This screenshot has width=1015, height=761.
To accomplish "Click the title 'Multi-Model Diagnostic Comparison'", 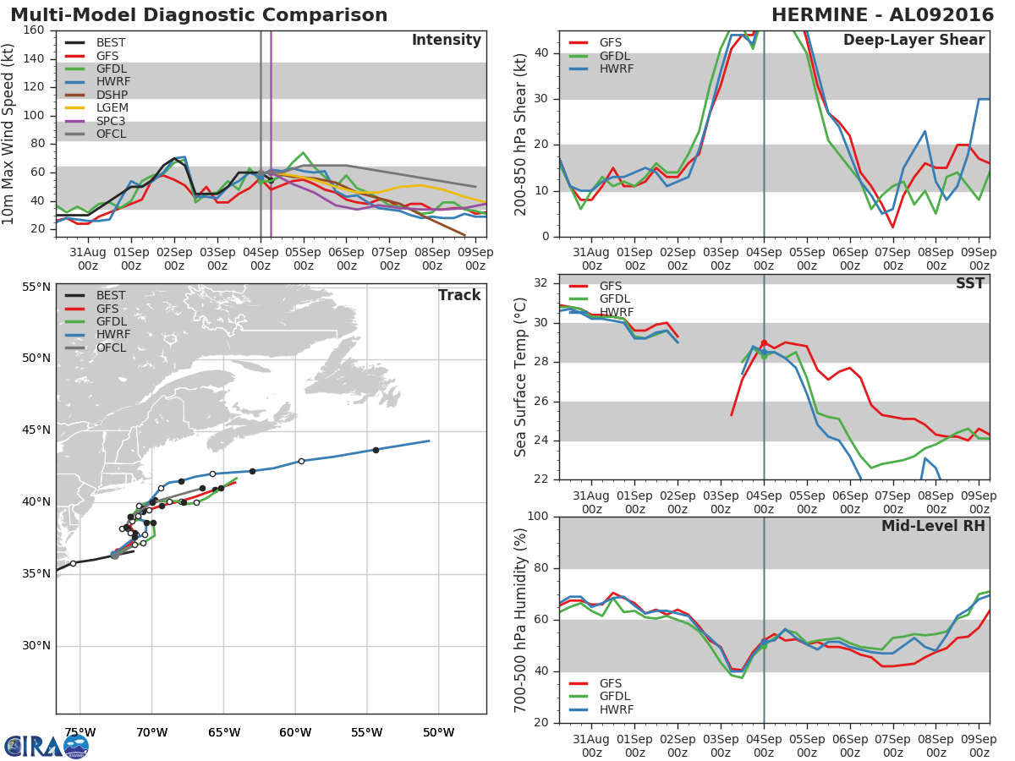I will (199, 15).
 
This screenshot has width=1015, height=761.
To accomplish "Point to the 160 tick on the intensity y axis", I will (35, 30).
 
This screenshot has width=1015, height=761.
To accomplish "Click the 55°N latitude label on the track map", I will (36, 287).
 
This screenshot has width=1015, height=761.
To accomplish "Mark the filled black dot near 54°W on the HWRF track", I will (376, 450).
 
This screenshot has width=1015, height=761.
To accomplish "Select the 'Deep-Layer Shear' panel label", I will (913, 41).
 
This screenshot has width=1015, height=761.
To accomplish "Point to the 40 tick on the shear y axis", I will (543, 53).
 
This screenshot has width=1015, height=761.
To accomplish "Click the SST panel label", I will (970, 283).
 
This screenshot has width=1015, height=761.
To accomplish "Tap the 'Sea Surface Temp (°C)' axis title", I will (521, 377).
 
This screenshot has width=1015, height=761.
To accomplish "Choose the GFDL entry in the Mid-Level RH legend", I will (616, 697).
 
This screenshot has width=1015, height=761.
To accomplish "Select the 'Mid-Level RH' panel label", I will (933, 526).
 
